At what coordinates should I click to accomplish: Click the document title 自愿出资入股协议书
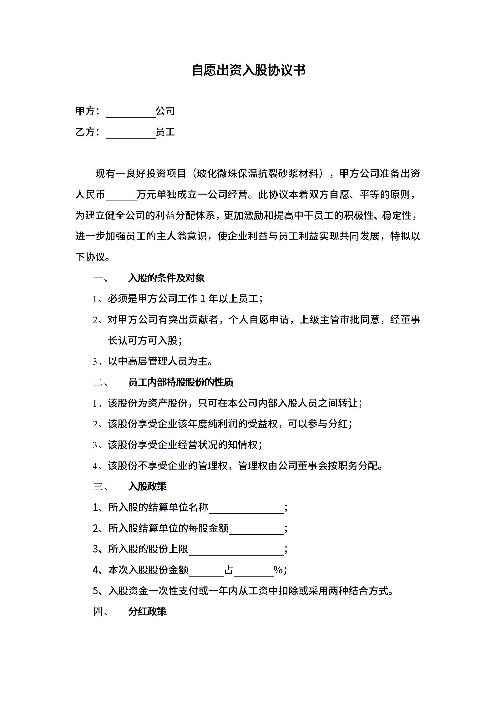tap(249, 70)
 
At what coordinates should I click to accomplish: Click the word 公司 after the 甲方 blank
tap(165, 111)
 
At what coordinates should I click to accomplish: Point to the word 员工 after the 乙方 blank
tap(165, 132)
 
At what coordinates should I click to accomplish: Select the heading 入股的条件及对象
tap(166, 278)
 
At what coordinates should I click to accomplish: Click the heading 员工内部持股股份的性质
tap(180, 382)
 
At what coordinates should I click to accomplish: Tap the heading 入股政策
tap(147, 486)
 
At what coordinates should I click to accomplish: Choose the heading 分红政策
tap(147, 611)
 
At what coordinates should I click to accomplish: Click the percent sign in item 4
tap(278, 570)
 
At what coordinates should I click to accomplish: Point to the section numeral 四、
tap(101, 612)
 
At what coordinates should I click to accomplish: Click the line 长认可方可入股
tap(145, 341)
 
